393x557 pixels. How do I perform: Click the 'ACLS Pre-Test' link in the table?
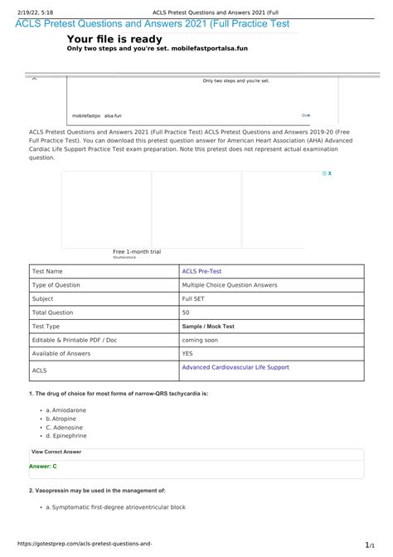(x=201, y=271)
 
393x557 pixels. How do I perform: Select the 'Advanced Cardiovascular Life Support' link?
(x=235, y=367)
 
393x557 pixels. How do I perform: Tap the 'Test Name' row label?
(x=47, y=271)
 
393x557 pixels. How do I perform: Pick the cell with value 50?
(x=186, y=312)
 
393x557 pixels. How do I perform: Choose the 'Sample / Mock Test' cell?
(x=208, y=327)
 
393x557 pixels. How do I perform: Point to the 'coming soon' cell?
(x=203, y=340)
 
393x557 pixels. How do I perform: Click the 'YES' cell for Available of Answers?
(x=188, y=354)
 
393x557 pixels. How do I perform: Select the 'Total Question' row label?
(x=54, y=312)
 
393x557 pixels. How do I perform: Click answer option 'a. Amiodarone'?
(x=65, y=410)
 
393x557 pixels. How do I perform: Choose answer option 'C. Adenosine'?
(x=65, y=427)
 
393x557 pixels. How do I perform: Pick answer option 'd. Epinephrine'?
(x=66, y=435)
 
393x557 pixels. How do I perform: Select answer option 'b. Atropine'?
(x=62, y=419)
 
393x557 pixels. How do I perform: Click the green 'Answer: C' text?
(x=42, y=467)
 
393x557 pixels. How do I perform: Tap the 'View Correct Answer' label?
(x=56, y=452)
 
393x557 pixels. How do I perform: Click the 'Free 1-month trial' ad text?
(x=137, y=251)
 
